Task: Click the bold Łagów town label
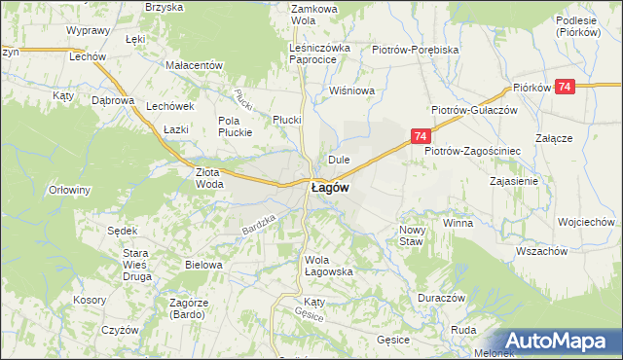point(330,189)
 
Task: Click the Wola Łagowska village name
point(328,266)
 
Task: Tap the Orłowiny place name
point(69,190)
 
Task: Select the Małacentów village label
point(195,65)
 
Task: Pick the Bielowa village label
point(204,264)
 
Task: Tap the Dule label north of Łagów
point(339,159)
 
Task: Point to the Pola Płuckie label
point(235,126)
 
